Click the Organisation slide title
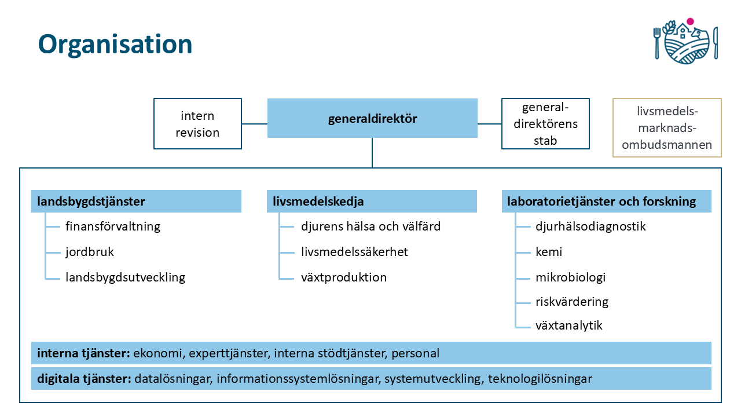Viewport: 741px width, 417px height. click(115, 45)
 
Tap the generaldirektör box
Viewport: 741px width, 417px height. click(372, 119)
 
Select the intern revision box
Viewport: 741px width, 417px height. click(197, 124)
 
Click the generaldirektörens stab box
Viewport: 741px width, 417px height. click(545, 124)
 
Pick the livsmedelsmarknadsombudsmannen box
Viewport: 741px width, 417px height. click(667, 128)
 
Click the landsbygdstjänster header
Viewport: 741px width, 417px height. click(91, 202)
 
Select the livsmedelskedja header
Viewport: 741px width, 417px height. click(318, 202)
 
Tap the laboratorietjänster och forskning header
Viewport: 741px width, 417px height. click(601, 202)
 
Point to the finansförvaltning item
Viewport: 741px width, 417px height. click(113, 226)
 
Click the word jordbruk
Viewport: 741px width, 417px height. click(90, 252)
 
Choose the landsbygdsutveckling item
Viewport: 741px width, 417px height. click(125, 277)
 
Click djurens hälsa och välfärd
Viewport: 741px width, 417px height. click(370, 226)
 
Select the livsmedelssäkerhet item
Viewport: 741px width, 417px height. click(354, 252)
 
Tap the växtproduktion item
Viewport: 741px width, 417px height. click(344, 277)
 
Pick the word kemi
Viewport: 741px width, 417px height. click(549, 252)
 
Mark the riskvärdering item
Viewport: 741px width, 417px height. click(572, 302)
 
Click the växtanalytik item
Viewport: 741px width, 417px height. click(569, 325)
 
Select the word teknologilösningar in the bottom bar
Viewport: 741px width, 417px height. click(540, 379)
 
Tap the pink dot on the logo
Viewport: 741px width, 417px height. click(690, 21)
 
